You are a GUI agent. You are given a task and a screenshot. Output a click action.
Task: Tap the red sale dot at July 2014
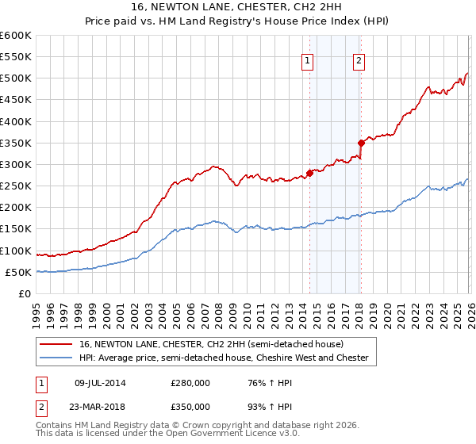click(x=309, y=173)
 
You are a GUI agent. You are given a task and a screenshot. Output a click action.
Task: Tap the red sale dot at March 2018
click(x=361, y=143)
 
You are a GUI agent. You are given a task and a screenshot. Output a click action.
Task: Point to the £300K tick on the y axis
click(x=17, y=164)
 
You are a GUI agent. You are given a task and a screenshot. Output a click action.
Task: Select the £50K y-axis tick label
click(x=20, y=272)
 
